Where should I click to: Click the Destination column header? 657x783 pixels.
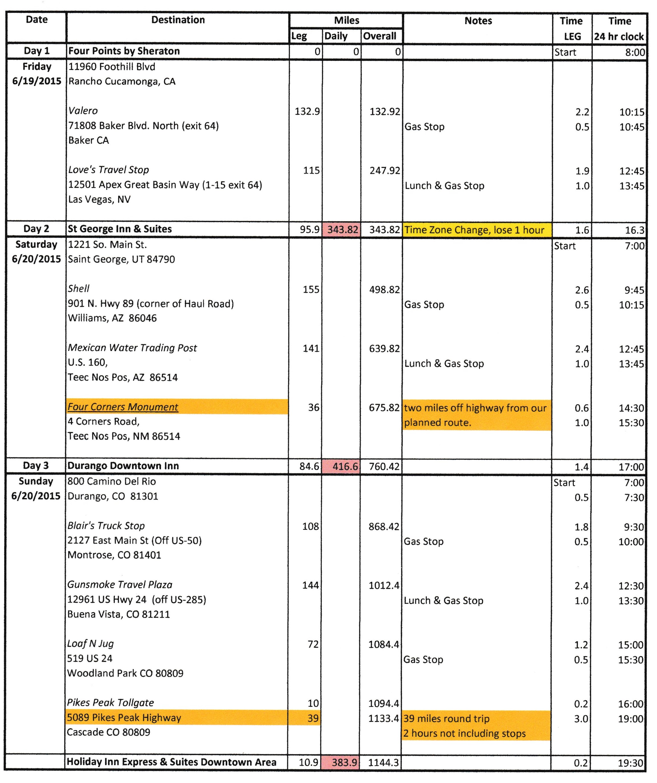178,20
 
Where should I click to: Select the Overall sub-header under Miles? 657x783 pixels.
380,36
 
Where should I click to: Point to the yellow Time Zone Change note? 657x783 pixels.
474,230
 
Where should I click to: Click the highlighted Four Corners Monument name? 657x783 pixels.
123,407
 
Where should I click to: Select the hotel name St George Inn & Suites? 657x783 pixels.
120,229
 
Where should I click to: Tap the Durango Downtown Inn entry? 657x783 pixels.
123,466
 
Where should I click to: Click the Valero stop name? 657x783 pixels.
83,111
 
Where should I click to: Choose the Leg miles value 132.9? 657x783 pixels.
307,112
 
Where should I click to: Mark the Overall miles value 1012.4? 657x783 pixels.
384,585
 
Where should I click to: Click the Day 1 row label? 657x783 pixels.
37,51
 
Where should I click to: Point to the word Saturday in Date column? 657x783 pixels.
36,245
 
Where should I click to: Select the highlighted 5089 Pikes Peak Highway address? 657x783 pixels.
124,717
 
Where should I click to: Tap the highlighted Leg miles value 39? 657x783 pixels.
313,718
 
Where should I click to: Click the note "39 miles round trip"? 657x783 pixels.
446,718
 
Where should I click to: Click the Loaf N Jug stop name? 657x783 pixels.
90,643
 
